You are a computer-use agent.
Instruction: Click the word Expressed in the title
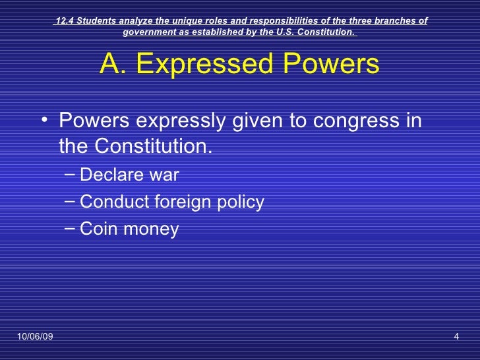click(x=196, y=65)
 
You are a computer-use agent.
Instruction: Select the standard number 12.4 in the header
click(x=65, y=20)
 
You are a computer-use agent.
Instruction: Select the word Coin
click(x=96, y=229)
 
